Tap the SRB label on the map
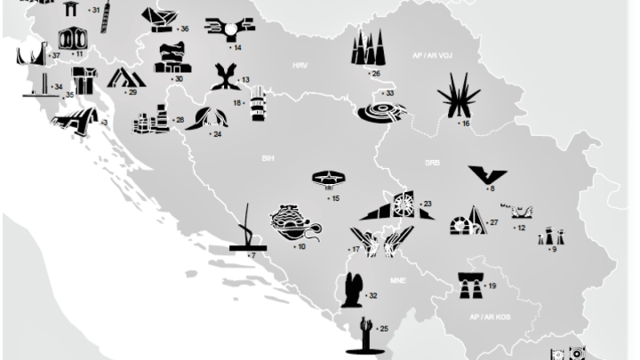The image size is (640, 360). pyautogui.click(x=432, y=164)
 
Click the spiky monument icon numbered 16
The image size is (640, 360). pyautogui.click(x=458, y=95)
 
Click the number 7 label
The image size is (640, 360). pyautogui.click(x=252, y=256)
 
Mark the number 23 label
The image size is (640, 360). pyautogui.click(x=428, y=204)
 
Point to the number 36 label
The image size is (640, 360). pyautogui.click(x=184, y=29)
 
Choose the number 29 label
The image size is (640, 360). pyautogui.click(x=132, y=92)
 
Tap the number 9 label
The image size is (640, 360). pyautogui.click(x=553, y=250)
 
